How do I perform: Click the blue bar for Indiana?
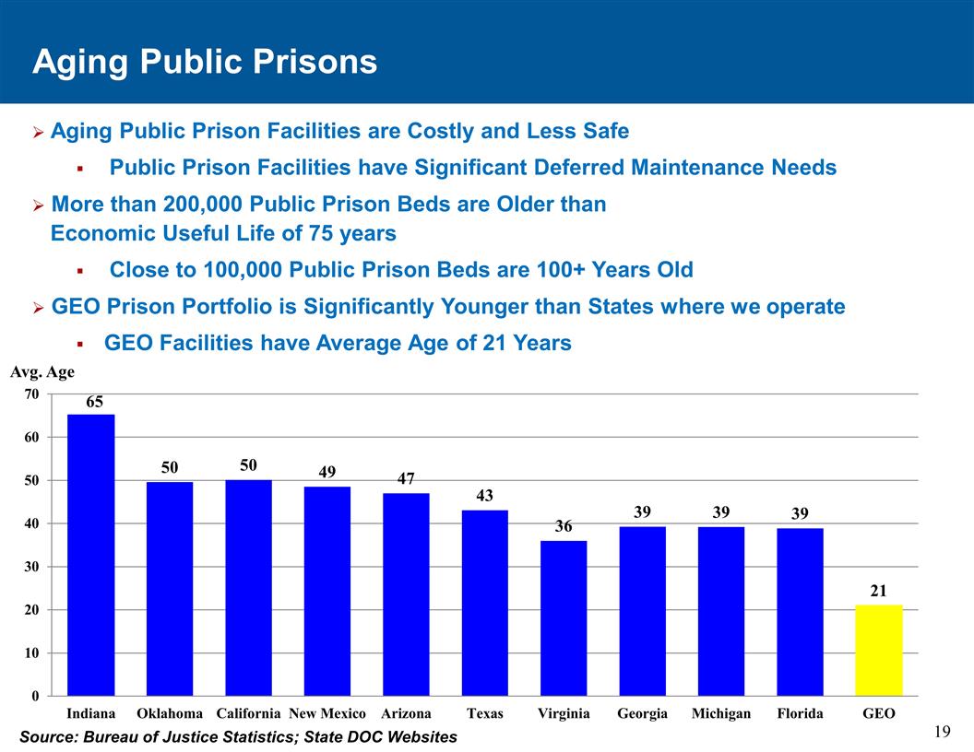[x=91, y=555]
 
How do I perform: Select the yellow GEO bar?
[x=878, y=650]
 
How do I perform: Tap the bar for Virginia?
[x=564, y=617]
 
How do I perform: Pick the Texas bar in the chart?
[x=484, y=603]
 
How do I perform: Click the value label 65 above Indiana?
[x=95, y=403]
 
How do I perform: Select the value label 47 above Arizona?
[x=406, y=479]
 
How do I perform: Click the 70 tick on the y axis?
[x=31, y=394]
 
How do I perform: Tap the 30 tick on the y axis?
[x=31, y=567]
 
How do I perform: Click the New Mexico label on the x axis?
[x=327, y=714]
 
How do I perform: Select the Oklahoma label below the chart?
[x=170, y=714]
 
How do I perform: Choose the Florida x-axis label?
[x=800, y=714]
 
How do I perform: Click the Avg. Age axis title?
[x=42, y=373]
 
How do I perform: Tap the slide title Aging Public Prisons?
[x=205, y=62]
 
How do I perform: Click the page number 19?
[x=942, y=732]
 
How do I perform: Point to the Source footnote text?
[x=238, y=736]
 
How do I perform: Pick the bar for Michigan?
[x=721, y=610]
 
